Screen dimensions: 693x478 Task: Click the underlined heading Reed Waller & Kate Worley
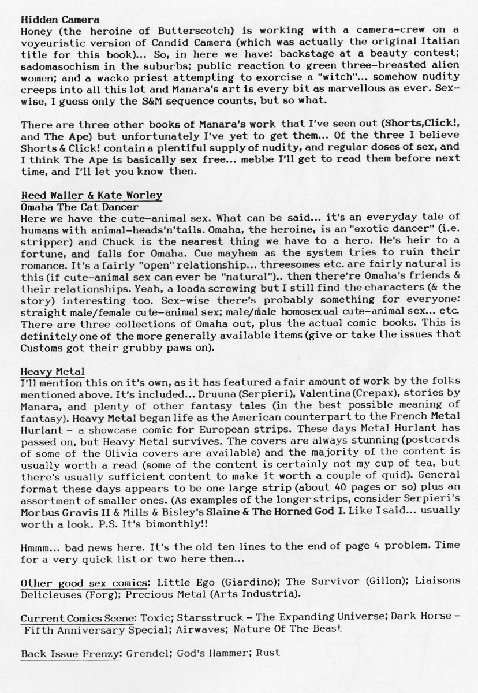tap(91, 196)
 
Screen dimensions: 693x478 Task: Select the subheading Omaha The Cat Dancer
tap(79, 206)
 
